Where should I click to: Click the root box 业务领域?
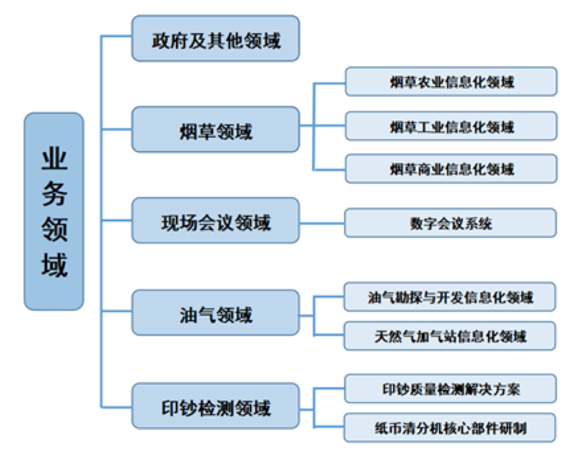53,211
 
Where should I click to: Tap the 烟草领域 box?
216,130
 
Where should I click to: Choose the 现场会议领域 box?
216,221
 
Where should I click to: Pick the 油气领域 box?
216,314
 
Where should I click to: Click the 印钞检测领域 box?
216,407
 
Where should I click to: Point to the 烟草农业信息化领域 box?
451,81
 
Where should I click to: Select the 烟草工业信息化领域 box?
451,126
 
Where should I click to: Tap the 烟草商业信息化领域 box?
451,168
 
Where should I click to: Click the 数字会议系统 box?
451,223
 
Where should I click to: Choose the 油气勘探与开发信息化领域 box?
451,297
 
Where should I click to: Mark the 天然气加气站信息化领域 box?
451,336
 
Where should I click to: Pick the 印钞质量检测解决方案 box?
451,389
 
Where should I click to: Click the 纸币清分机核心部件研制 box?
451,428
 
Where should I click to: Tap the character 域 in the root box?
54,266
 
